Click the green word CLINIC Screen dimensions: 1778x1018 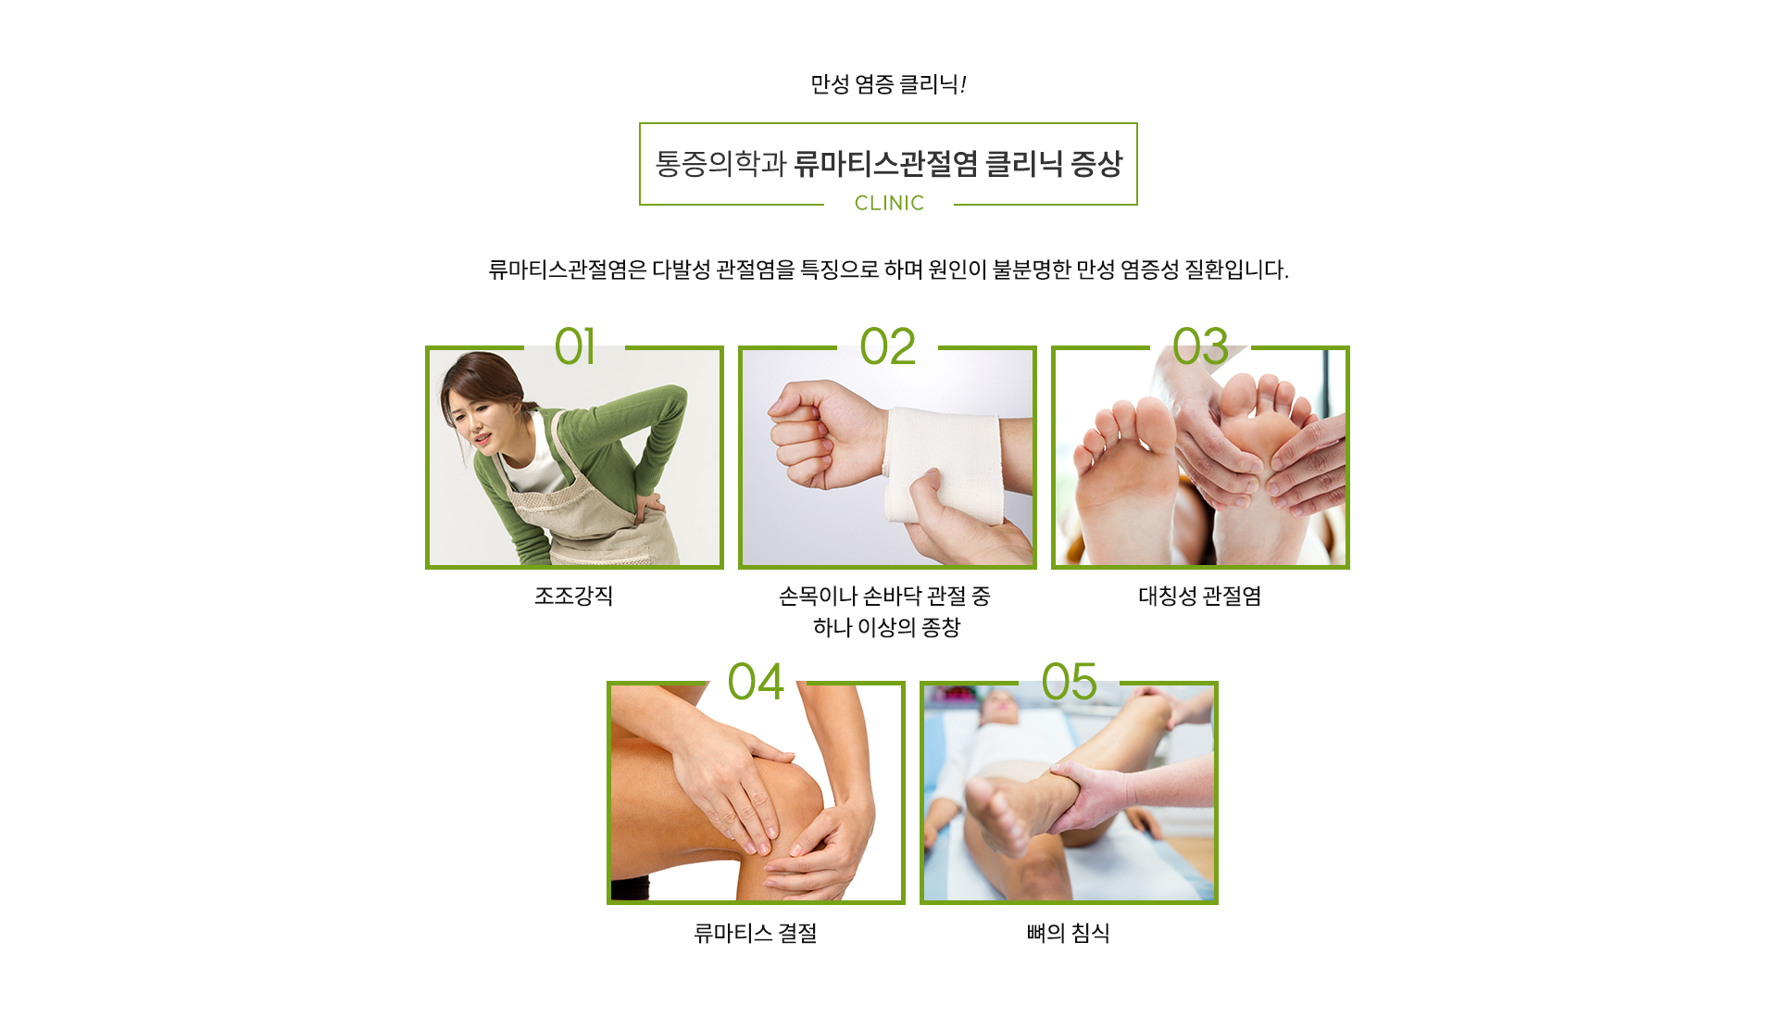[889, 203]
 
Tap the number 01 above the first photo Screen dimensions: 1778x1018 [574, 346]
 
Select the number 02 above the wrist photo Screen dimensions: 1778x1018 [887, 346]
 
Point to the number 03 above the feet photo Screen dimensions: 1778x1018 [1200, 346]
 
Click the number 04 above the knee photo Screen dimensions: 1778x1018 [756, 682]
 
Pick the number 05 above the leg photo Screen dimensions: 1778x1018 [1069, 682]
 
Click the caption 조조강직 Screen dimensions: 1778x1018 [574, 596]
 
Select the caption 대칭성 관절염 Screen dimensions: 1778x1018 [1200, 596]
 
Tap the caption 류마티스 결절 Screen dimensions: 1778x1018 [756, 933]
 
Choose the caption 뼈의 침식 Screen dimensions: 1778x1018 [1069, 933]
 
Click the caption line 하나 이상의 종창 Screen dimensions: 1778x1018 [887, 627]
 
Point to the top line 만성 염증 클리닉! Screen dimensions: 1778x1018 [889, 84]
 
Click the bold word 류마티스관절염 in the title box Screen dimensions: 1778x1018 [886, 164]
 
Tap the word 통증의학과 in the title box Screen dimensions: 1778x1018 [721, 164]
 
